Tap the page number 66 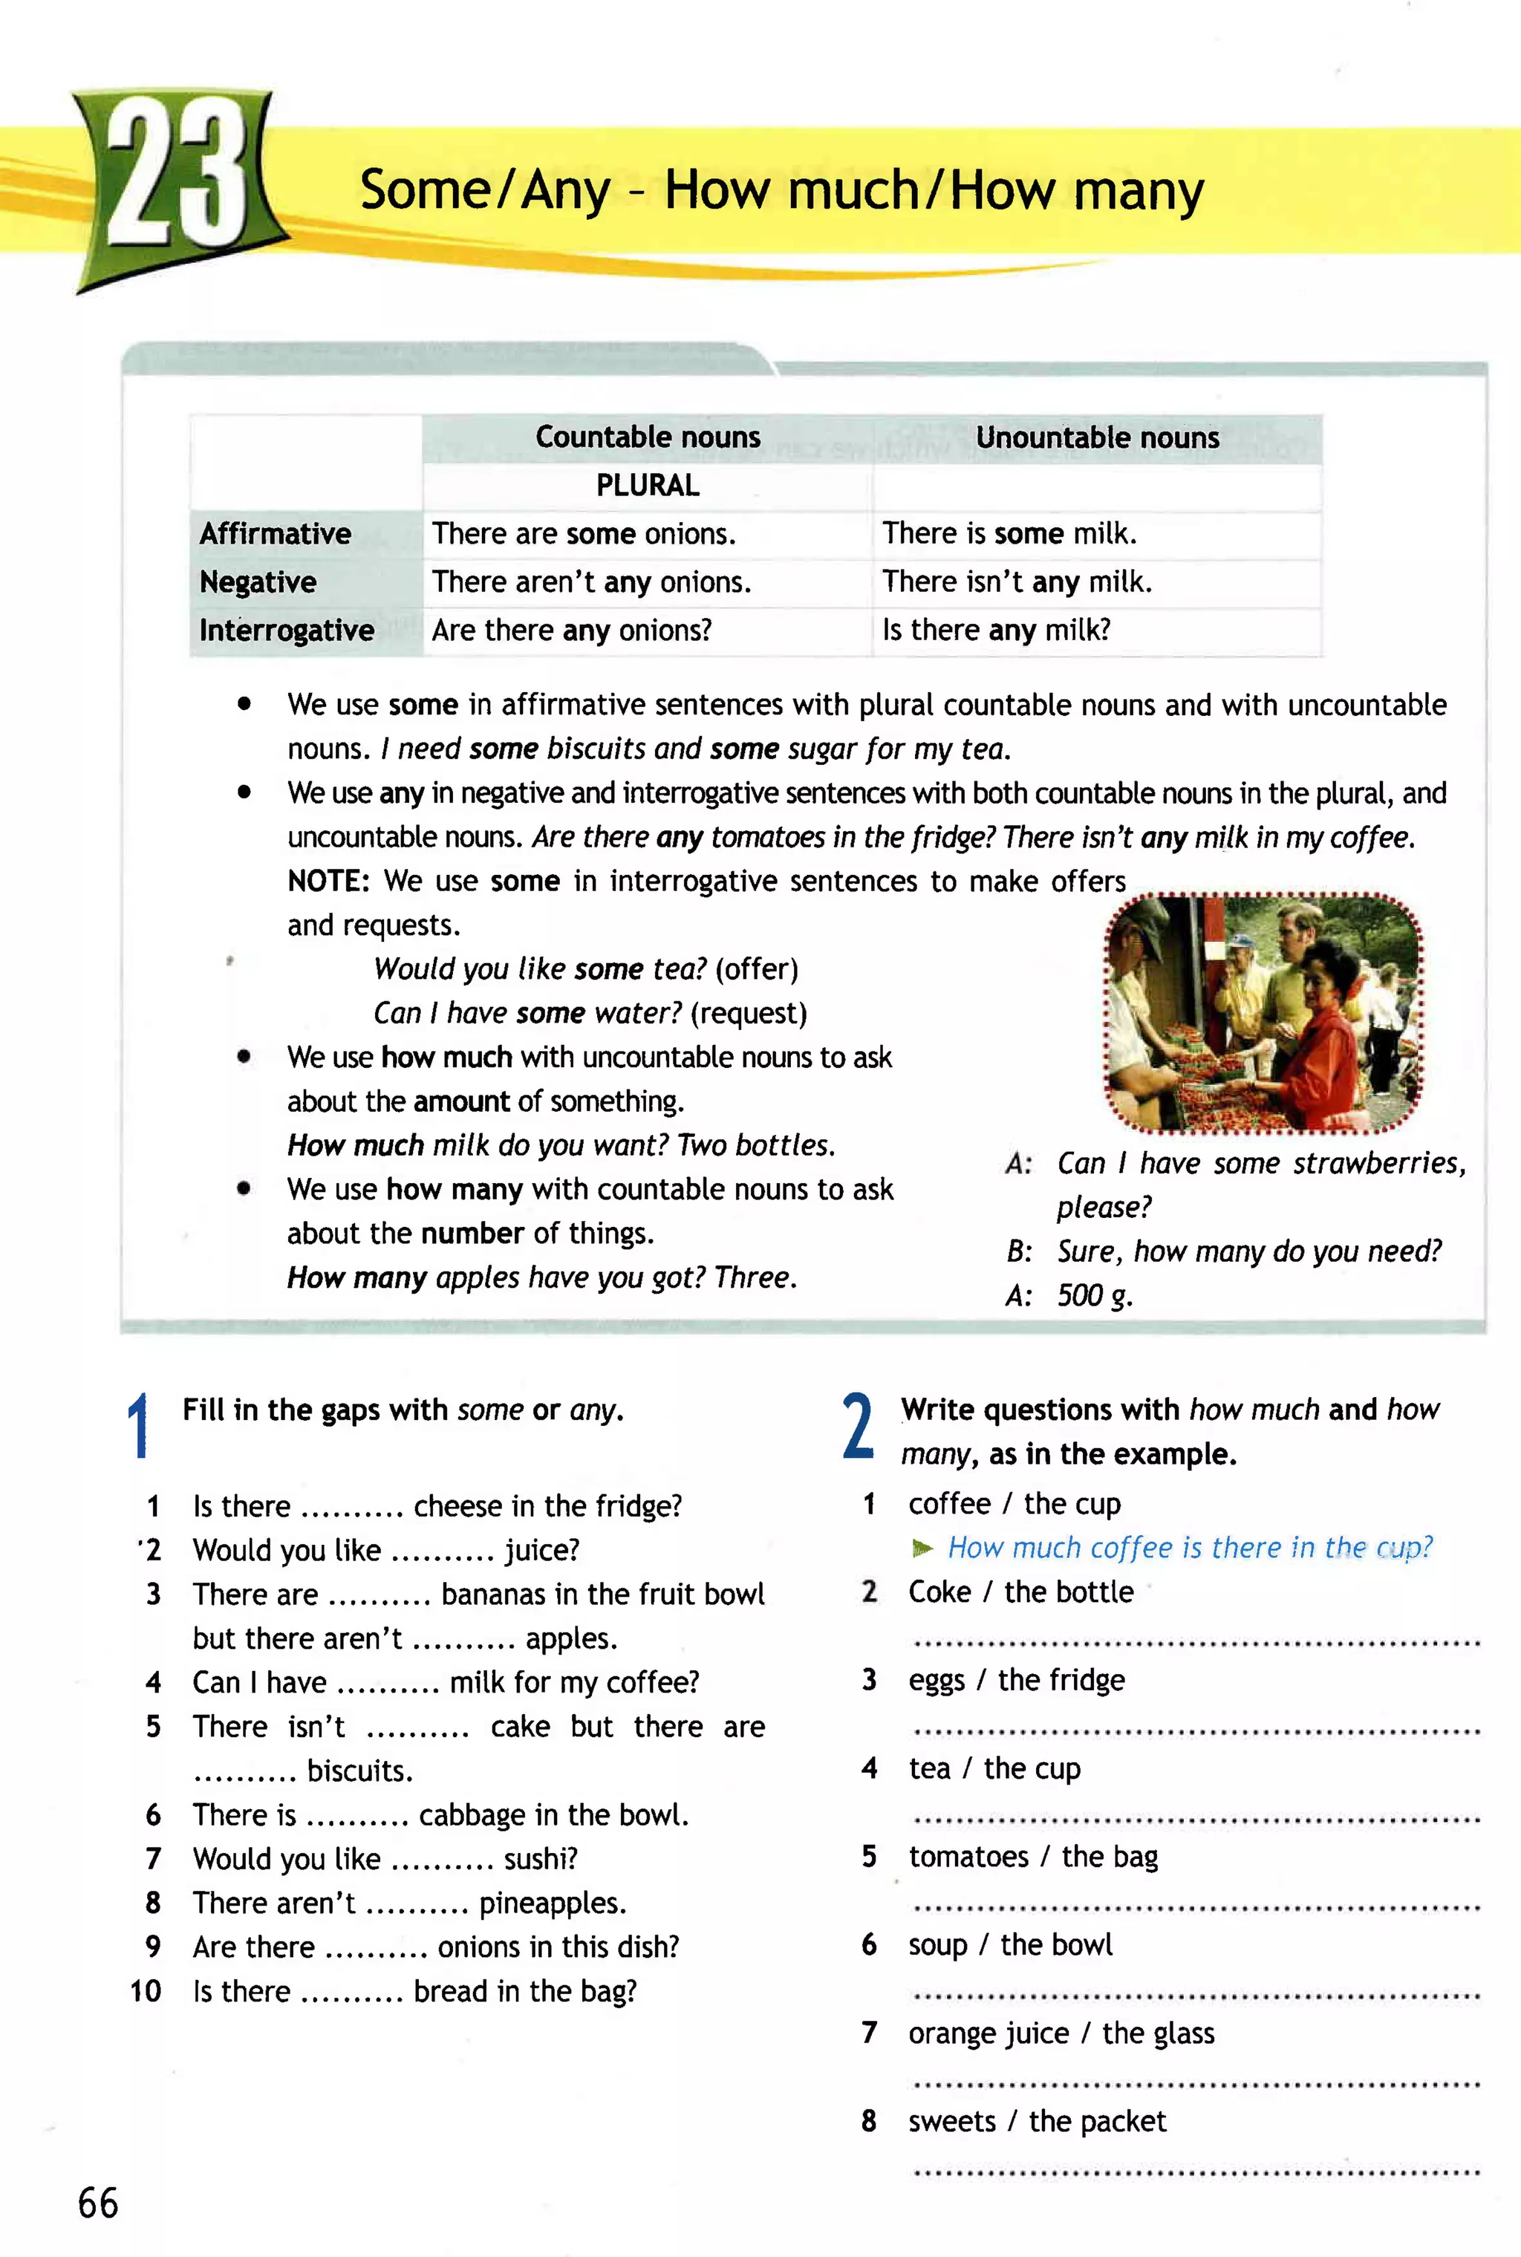coord(98,2203)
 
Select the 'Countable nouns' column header coord(647,437)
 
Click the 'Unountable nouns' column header coord(1097,437)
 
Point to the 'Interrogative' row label coord(286,631)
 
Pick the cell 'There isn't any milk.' coord(1017,582)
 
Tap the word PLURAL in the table coord(647,485)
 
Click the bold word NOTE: coord(328,881)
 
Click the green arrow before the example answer coord(922,1548)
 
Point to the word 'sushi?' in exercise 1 coord(541,1858)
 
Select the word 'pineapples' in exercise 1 coord(551,1903)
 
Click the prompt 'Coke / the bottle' coord(1020,1592)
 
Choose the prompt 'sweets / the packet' coord(1037,2121)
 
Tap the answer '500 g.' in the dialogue coord(1094,1296)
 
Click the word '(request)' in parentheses coord(749,1014)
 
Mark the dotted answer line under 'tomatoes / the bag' coord(1196,1908)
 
